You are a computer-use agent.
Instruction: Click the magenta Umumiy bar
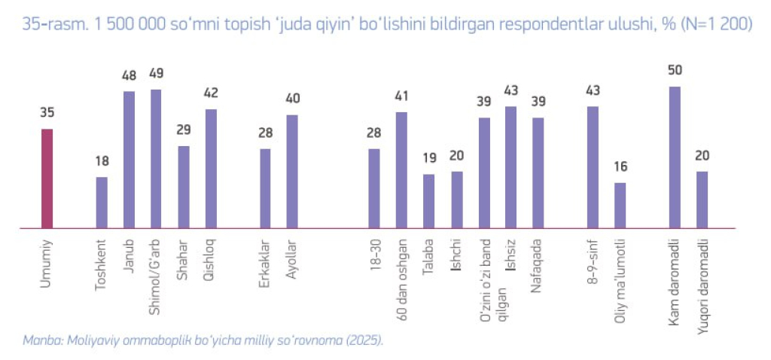47,178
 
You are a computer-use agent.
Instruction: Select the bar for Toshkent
102,202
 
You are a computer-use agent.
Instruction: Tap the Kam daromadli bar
675,157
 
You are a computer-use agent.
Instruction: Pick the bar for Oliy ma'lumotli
620,205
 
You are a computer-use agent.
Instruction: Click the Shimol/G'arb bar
156,158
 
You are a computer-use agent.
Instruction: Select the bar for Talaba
428,201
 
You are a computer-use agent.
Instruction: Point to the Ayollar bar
292,171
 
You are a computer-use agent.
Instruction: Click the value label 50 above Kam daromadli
675,71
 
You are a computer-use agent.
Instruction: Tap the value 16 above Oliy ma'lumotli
620,167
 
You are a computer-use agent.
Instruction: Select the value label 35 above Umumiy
47,114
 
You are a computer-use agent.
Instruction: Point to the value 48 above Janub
129,75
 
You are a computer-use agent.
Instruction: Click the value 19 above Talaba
428,159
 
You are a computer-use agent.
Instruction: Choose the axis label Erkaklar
265,262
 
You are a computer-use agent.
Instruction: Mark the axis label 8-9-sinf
593,260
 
